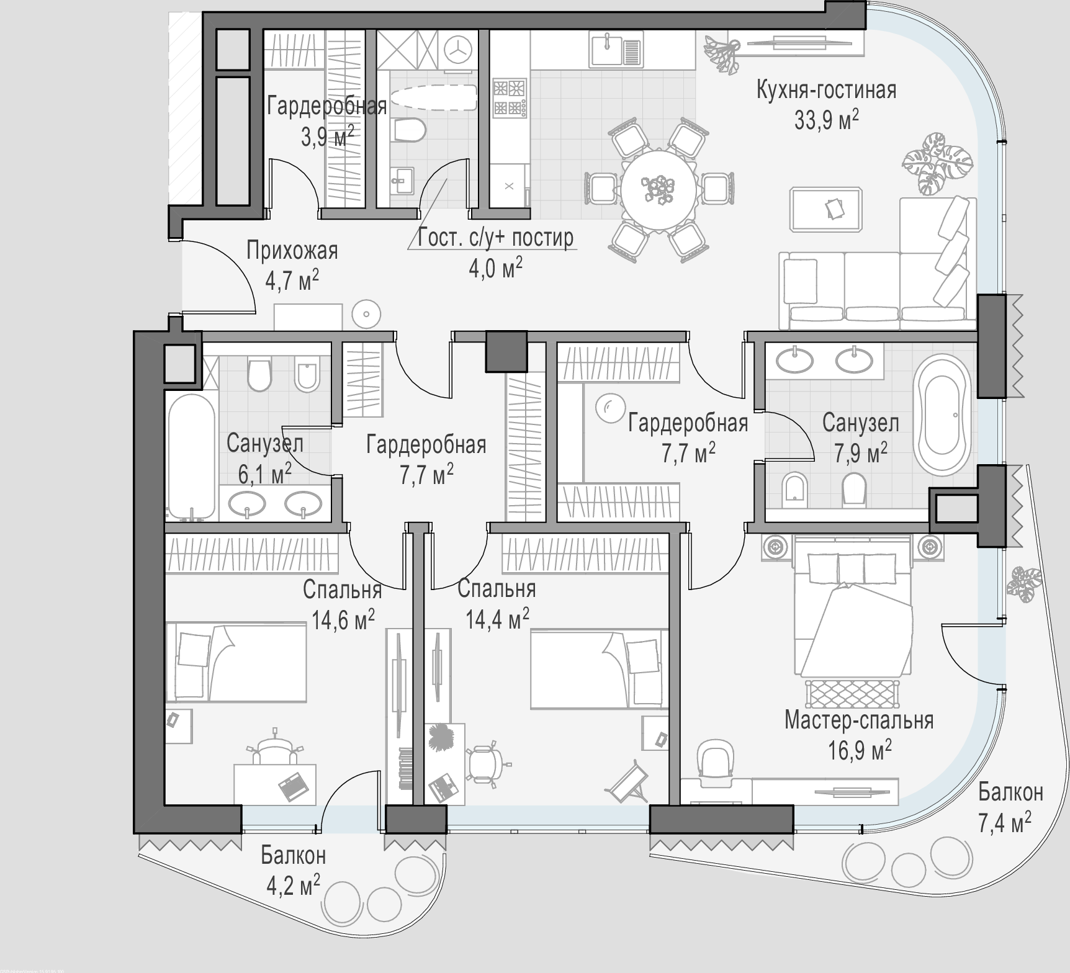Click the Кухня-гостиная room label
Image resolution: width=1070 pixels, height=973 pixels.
[x=826, y=91]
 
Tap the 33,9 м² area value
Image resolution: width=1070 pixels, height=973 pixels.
[x=826, y=120]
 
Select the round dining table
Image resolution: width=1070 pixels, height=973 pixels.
[x=659, y=186]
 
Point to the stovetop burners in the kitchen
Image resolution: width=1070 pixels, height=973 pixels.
[x=510, y=97]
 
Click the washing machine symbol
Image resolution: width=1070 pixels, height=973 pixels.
[x=458, y=50]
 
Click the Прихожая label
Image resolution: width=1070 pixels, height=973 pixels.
[x=292, y=251]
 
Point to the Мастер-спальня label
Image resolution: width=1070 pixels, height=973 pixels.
[x=859, y=720]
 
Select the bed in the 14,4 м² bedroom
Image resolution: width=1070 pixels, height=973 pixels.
[x=600, y=669]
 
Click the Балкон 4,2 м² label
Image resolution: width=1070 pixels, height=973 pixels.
[x=293, y=869]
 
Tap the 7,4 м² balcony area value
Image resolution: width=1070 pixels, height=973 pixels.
[x=1005, y=823]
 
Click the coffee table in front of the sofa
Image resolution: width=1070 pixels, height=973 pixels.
[x=827, y=209]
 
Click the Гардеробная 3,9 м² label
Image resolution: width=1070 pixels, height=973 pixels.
[x=327, y=120]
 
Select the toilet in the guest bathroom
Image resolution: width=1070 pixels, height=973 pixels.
[x=409, y=129]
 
